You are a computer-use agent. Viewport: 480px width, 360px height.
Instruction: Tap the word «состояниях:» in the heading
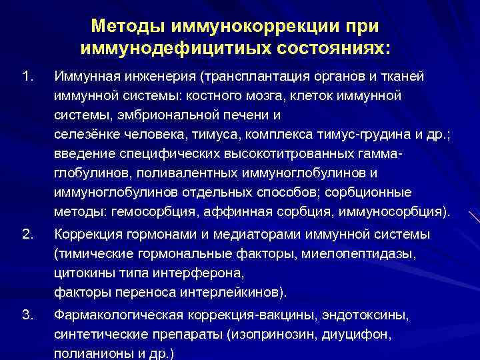click(x=331, y=49)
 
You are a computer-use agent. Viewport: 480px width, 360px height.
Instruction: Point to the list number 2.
click(x=27, y=234)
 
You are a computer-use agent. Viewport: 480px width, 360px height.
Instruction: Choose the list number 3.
click(x=27, y=314)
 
